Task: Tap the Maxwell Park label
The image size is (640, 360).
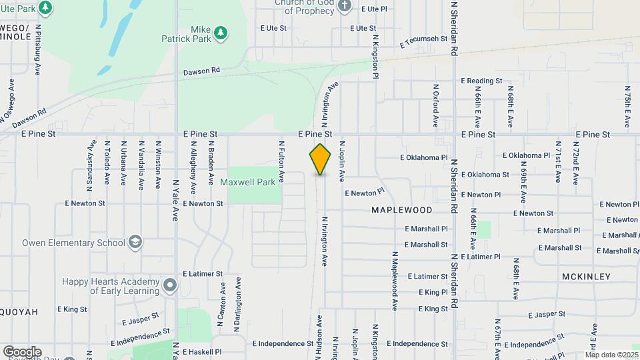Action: pos(257,182)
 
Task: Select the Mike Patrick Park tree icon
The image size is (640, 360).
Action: pos(221,32)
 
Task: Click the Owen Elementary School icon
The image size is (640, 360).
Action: pos(136,242)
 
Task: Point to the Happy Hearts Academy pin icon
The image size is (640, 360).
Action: pos(170,287)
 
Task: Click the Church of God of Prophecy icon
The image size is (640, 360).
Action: pos(344,7)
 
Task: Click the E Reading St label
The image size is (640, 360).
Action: pos(481,81)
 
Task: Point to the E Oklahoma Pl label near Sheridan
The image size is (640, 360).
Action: pos(423,158)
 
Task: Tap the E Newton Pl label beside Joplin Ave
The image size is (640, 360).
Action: pos(365,193)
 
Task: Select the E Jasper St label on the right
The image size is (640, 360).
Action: pos(546,314)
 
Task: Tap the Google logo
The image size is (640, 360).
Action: pos(22,352)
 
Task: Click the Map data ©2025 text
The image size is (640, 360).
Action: pos(612,355)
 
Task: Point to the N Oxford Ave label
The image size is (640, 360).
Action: pos(435,105)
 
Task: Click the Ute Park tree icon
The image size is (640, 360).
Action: pos(45,8)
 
